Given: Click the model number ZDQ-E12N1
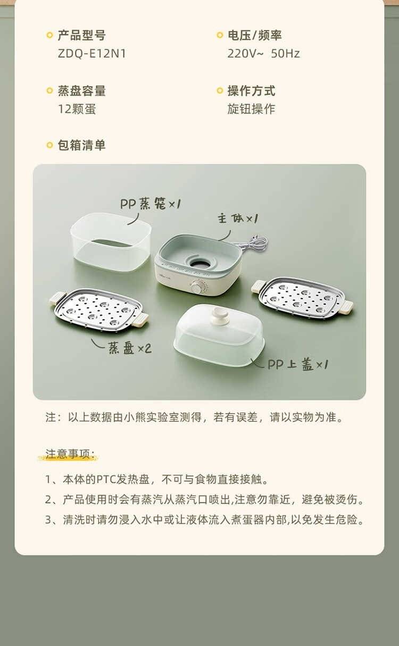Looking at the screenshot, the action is coord(92,54).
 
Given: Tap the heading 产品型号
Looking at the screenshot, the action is coord(81,35).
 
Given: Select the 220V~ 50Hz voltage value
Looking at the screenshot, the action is coord(263,54).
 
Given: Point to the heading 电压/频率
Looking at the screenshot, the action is coord(254,35).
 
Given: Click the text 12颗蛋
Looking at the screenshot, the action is coord(77,109).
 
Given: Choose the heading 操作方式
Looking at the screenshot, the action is coord(251,91).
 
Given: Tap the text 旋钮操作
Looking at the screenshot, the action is coord(251,109).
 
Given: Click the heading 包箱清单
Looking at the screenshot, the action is coord(81,145).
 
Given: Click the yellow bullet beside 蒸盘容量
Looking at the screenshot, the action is coord(49,91).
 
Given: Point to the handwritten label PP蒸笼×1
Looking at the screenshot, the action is coord(151,204).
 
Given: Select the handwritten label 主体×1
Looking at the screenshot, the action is coord(238,219).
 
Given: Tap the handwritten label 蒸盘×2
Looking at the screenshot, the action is coord(129,348).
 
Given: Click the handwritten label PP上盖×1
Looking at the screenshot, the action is coord(298,364).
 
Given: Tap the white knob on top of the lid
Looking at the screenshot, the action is coord(219,313).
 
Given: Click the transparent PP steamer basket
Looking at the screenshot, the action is coord(111,242).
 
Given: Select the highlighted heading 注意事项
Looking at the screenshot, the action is coord(70,454).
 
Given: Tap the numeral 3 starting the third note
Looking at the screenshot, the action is coord(48,520).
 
